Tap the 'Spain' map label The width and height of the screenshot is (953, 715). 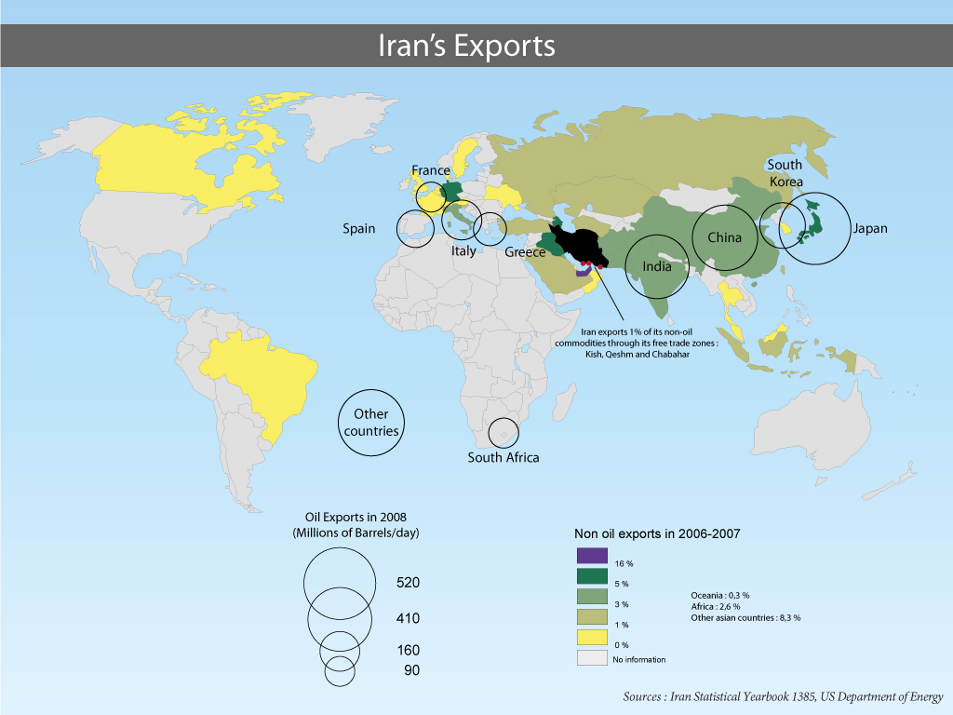click(358, 228)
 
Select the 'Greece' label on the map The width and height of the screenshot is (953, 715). click(525, 252)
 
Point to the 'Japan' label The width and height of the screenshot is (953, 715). click(869, 228)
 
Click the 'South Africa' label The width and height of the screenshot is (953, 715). click(503, 457)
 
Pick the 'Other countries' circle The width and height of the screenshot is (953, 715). click(371, 423)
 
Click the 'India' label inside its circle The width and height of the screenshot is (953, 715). click(657, 266)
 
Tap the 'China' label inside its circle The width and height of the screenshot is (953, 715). click(724, 237)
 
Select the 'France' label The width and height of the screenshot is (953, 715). click(431, 171)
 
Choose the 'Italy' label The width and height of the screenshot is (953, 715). click(463, 251)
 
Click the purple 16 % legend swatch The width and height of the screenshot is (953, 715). click(590, 556)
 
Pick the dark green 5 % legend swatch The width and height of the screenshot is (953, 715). click(590, 576)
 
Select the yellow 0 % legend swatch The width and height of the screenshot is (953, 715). click(590, 638)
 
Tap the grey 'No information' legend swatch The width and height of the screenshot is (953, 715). click(590, 658)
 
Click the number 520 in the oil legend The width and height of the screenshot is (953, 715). click(409, 583)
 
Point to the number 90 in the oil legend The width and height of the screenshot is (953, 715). click(410, 670)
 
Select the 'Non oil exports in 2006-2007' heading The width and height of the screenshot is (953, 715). click(656, 533)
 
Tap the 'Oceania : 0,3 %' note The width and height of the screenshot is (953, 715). click(719, 595)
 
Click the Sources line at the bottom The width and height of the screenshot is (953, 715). click(783, 697)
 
